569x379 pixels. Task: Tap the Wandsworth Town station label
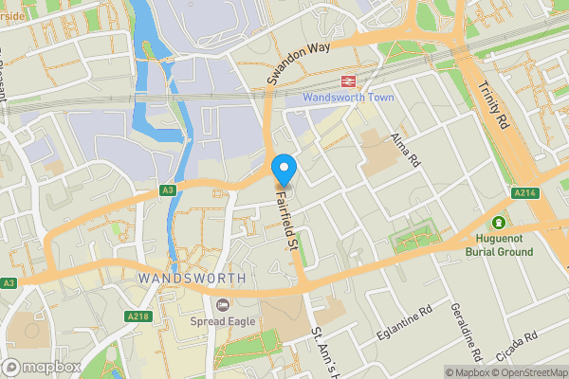tap(348, 98)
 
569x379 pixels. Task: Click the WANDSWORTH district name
tap(192, 278)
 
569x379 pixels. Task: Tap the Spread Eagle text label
tap(223, 321)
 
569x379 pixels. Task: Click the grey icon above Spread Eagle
tap(223, 304)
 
